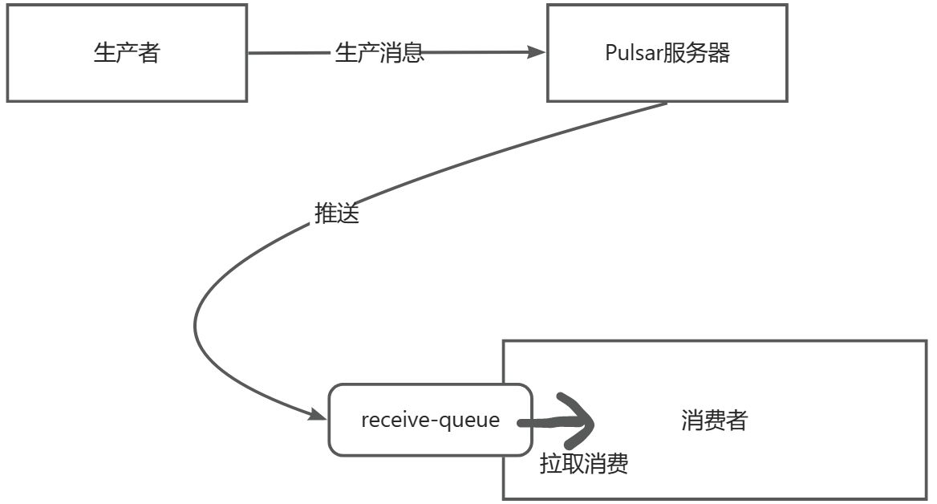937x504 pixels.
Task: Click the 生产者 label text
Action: pyautogui.click(x=127, y=53)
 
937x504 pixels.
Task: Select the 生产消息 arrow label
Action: pyautogui.click(x=379, y=54)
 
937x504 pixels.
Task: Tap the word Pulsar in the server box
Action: pyautogui.click(x=633, y=54)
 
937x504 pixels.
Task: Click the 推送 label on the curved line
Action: pyautogui.click(x=336, y=213)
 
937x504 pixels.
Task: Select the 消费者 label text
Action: pyautogui.click(x=714, y=420)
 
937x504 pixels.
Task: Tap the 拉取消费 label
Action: pyautogui.click(x=583, y=464)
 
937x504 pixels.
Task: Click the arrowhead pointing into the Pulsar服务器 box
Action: pyautogui.click(x=537, y=53)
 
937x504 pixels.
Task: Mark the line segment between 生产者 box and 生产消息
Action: pyautogui.click(x=289, y=54)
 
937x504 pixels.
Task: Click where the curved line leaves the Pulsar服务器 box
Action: pyautogui.click(x=666, y=104)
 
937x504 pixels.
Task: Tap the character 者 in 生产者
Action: pyautogui.click(x=149, y=53)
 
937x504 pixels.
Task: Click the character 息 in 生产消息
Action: pyautogui.click(x=412, y=54)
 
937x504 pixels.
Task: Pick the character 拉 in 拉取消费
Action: pyautogui.click(x=550, y=464)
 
